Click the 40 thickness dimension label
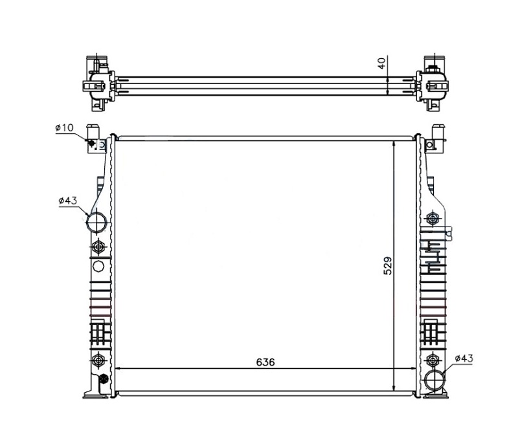tap(381, 63)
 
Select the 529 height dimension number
tap(387, 266)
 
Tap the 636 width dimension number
tap(265, 362)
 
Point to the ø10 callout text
tap(64, 127)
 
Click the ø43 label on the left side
tap(68, 201)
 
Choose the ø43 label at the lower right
tap(464, 358)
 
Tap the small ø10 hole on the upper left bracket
tap(91, 143)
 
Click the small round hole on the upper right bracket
tap(429, 145)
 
